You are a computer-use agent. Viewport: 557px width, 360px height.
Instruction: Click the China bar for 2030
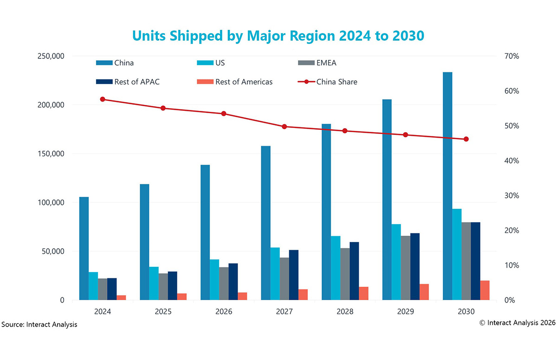[447, 186]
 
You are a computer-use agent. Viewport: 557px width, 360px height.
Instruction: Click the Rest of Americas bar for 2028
[363, 293]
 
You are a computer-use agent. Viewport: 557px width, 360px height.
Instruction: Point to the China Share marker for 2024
[103, 99]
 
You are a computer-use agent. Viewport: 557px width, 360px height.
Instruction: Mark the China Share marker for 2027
[284, 126]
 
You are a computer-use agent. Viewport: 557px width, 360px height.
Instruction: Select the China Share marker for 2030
[466, 139]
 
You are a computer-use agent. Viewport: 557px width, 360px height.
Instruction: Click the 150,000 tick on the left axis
[49, 154]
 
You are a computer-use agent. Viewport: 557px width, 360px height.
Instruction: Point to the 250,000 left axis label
[49, 56]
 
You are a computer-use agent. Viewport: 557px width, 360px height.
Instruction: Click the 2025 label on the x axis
[163, 312]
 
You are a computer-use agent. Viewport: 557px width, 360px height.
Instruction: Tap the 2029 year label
[405, 312]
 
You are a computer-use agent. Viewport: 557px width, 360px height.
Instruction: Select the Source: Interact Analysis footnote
[39, 325]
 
